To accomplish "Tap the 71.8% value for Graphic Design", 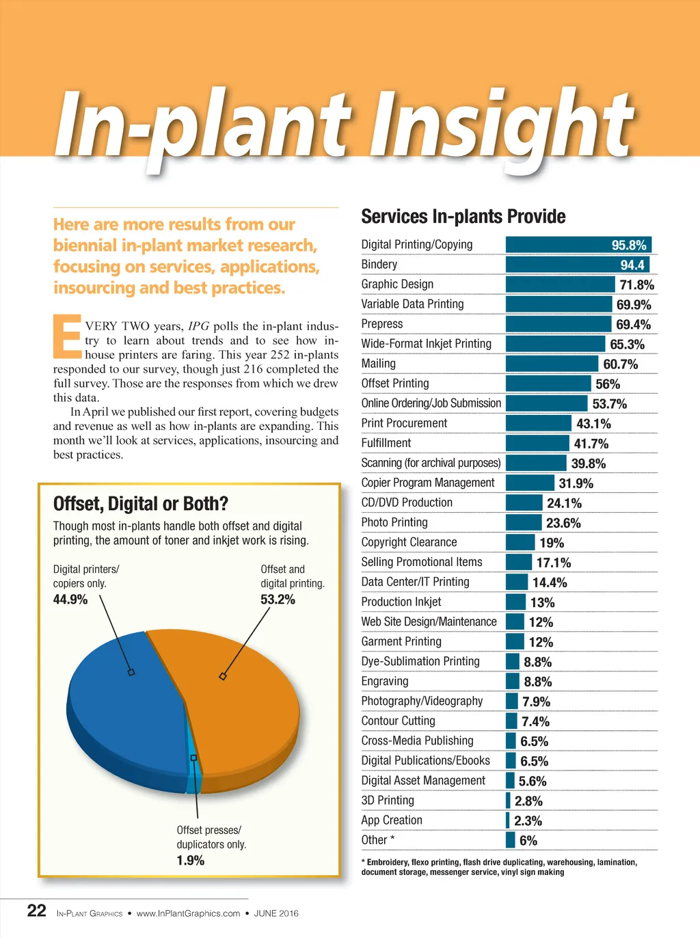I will [636, 285].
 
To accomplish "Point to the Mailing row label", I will [379, 364].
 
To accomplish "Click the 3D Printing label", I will [388, 801].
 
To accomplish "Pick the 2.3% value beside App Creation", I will [528, 821].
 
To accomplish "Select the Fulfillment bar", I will [537, 443].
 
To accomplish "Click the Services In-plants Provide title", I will [463, 217].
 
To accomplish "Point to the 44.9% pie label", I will [70, 600].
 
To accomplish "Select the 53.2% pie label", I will [278, 600].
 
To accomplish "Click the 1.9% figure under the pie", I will [191, 861].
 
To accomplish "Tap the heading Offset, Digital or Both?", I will [140, 505].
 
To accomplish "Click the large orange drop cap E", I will [67, 336].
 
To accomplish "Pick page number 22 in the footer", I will [36, 911].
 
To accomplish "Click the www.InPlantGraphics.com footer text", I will [188, 913].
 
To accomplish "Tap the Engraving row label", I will [385, 682].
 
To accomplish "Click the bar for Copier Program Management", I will [530, 483].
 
